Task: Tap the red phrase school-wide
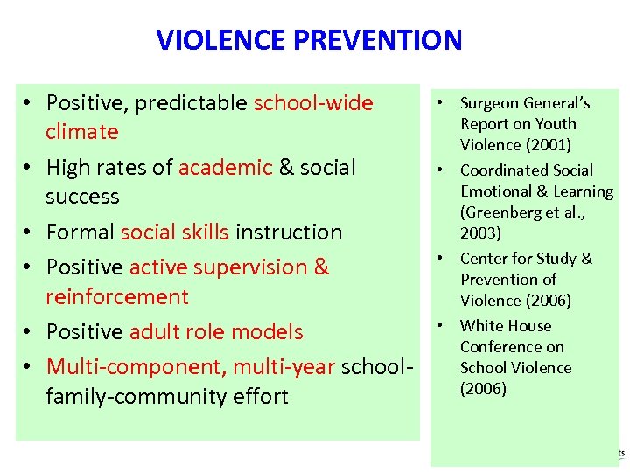click(313, 103)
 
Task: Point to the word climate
click(82, 132)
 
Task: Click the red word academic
click(226, 167)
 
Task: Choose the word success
click(82, 197)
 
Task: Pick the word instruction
click(290, 233)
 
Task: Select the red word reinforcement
click(117, 297)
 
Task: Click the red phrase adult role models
click(216, 332)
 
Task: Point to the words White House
click(506, 326)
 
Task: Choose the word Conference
click(500, 347)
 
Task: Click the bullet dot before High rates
click(29, 168)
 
